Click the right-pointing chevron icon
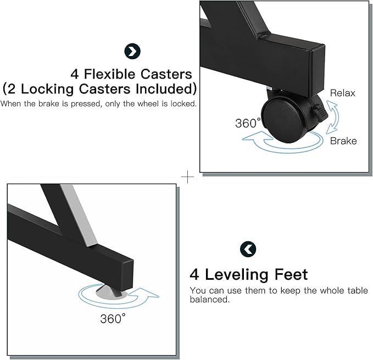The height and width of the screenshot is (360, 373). coord(132,51)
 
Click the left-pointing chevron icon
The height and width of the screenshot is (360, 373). coord(248,250)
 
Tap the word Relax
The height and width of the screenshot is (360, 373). coord(343,93)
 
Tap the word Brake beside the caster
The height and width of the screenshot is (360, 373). coord(343,141)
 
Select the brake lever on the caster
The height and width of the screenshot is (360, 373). coord(320,113)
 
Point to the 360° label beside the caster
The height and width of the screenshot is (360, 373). coord(248,123)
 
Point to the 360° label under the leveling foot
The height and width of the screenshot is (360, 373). coord(113,319)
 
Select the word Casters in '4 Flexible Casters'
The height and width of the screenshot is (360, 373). coord(166,74)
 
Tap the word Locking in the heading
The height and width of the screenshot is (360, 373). coord(47,89)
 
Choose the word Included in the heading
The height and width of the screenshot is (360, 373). coord(164,88)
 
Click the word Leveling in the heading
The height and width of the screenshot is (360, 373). coord(236,275)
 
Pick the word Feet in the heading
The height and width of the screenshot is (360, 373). coord(291,274)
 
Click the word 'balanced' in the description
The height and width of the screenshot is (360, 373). coord(210,300)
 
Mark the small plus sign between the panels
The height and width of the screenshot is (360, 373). coord(187,177)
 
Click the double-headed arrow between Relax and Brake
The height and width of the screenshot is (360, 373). coord(332,117)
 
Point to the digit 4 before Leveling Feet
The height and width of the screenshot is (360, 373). coord(194,275)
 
